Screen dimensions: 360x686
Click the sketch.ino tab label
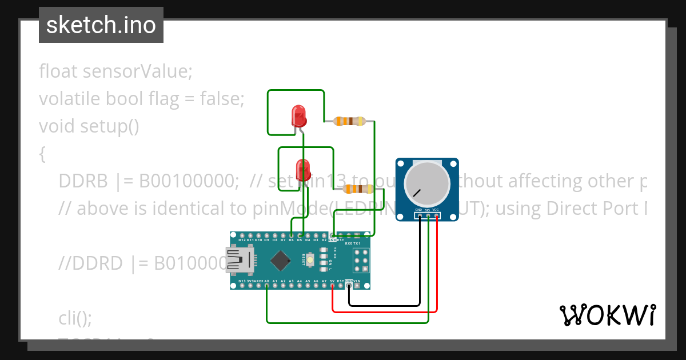101,25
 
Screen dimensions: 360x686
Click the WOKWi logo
607,315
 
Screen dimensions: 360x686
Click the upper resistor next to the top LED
349,121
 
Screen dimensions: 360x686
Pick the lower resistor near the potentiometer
357,189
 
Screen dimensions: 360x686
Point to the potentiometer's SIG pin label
427,210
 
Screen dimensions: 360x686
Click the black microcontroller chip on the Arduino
280,261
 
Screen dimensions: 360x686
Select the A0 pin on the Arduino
266,282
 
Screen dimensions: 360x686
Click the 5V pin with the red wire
332,282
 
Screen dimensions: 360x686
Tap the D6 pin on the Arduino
292,240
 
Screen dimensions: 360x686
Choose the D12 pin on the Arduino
242,240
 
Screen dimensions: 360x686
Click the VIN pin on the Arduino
357,282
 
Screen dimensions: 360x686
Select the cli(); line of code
75,318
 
